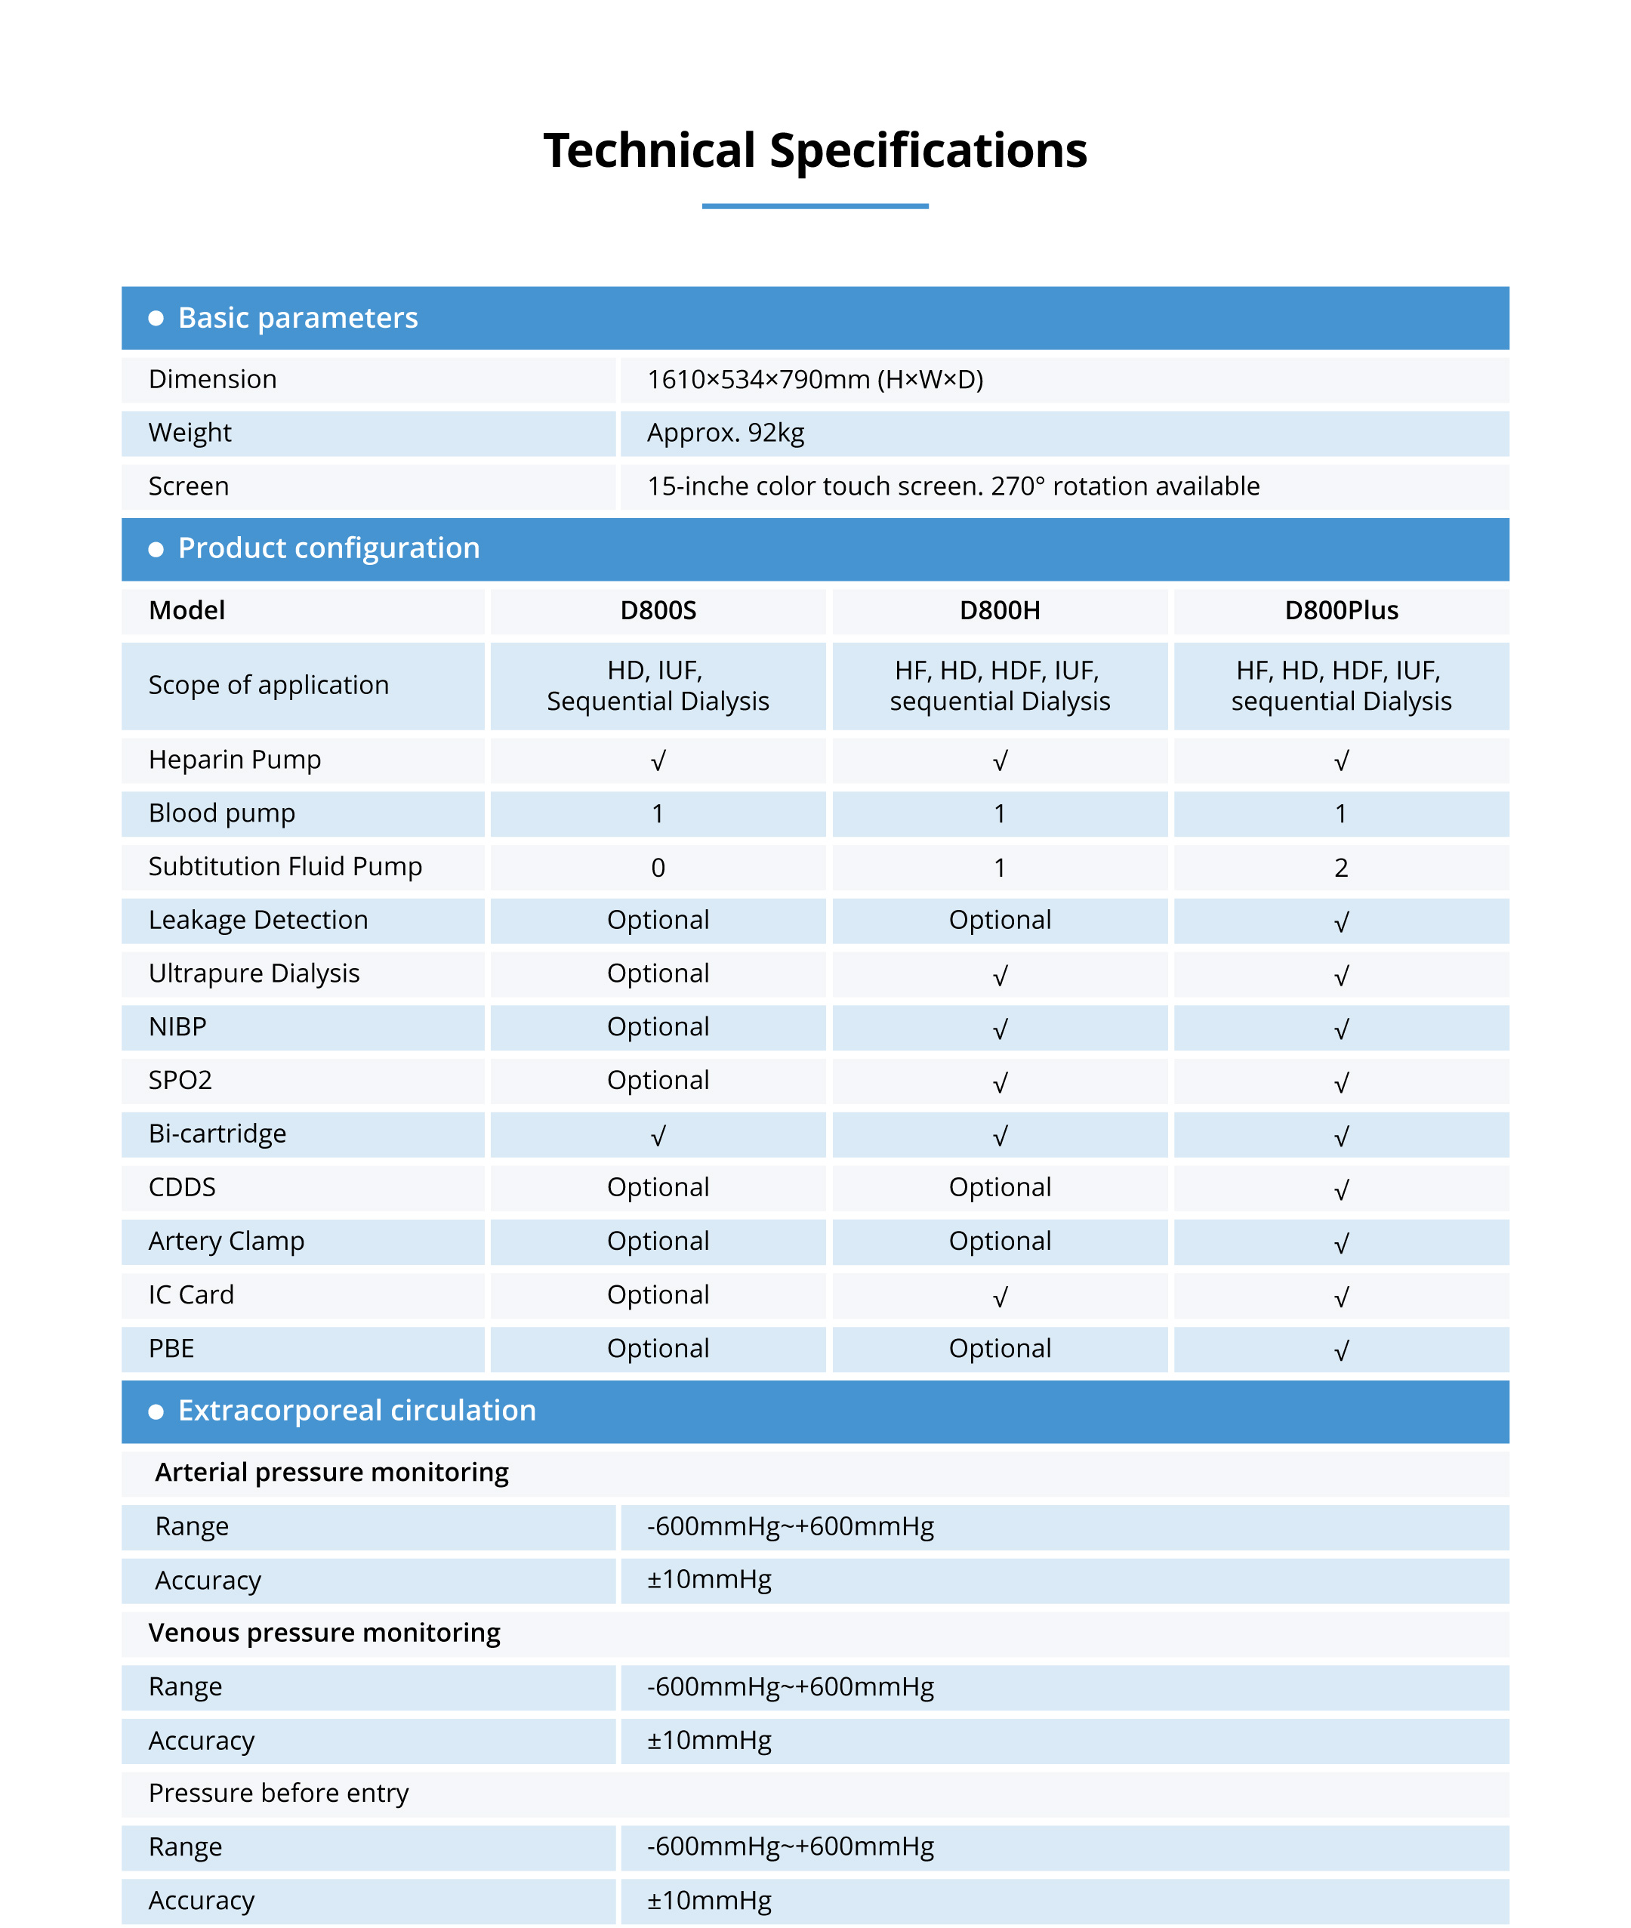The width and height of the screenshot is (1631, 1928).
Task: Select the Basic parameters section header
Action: (x=298, y=318)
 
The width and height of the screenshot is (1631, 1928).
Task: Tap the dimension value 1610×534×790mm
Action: (x=815, y=380)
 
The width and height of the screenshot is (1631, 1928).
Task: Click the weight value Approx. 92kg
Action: (x=726, y=433)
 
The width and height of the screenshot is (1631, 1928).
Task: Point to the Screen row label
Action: (x=189, y=486)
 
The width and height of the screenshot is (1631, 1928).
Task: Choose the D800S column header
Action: (x=658, y=610)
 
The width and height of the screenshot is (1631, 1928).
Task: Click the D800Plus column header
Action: (x=1341, y=610)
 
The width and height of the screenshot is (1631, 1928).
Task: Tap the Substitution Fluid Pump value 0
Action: (x=658, y=868)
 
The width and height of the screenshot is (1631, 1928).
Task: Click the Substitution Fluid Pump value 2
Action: (x=1341, y=868)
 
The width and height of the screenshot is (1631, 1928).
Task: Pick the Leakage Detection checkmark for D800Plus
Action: (x=1341, y=921)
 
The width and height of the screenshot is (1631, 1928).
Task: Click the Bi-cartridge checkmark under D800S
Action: (x=658, y=1136)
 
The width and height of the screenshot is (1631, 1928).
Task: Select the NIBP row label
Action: (x=177, y=1027)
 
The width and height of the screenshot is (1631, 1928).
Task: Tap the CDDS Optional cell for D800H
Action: (x=1000, y=1187)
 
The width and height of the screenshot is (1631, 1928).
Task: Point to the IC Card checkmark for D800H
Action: (x=1000, y=1297)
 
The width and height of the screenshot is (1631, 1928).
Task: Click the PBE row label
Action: (x=172, y=1349)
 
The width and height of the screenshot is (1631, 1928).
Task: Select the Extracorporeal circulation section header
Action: (x=357, y=1411)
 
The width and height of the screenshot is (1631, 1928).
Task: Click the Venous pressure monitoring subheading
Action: (x=325, y=1633)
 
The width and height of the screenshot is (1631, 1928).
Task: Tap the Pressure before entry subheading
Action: (x=279, y=1793)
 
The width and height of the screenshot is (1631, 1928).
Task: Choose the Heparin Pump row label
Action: (x=235, y=760)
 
